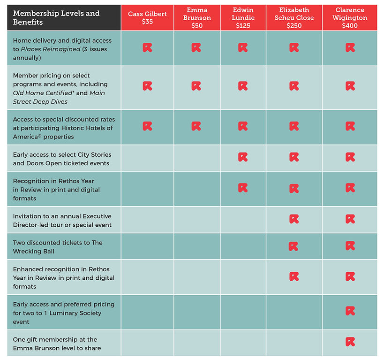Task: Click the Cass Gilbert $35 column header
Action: pyautogui.click(x=147, y=18)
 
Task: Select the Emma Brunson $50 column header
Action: pyautogui.click(x=197, y=18)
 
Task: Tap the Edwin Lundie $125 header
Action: pyautogui.click(x=243, y=18)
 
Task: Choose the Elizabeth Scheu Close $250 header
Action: pyautogui.click(x=294, y=18)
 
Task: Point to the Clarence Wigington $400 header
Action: pyautogui.click(x=350, y=18)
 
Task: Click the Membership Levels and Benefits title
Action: pyautogui.click(x=56, y=18)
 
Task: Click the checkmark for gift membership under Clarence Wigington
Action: pyautogui.click(x=350, y=342)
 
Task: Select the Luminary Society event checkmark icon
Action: pyautogui.click(x=350, y=311)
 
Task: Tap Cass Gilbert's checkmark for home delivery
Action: pyautogui.click(x=147, y=47)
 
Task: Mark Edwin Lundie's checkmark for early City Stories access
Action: pyautogui.click(x=243, y=157)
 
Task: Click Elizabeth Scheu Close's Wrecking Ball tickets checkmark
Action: pyautogui.click(x=294, y=246)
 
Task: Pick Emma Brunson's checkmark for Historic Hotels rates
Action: pyautogui.click(x=196, y=126)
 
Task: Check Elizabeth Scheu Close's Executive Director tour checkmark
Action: pyautogui.click(x=294, y=219)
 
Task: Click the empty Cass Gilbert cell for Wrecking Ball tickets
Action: pyautogui.click(x=147, y=246)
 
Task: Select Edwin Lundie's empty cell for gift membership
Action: pyautogui.click(x=243, y=343)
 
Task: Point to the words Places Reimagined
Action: pyautogui.click(x=51, y=49)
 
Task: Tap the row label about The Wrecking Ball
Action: pyautogui.click(x=58, y=247)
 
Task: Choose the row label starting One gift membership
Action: pyautogui.click(x=57, y=344)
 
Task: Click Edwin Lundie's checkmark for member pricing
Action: pyautogui.click(x=243, y=86)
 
